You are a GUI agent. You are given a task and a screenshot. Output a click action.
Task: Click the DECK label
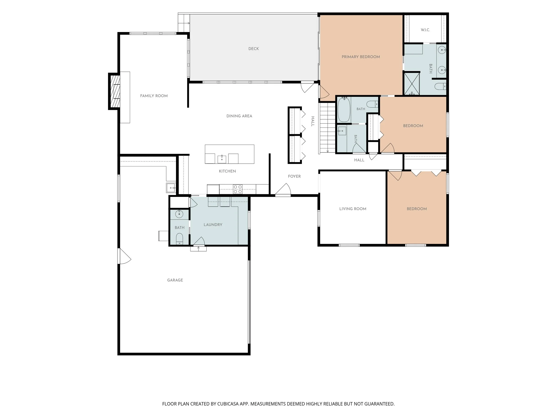[254, 49]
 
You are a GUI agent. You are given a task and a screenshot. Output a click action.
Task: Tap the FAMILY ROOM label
[154, 96]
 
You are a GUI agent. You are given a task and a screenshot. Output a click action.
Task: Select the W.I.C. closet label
[425, 30]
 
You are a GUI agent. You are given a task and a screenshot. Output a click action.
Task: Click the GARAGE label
[175, 280]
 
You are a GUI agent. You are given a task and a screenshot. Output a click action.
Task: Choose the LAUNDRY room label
[213, 225]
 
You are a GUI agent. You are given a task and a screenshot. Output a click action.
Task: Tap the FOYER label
[294, 176]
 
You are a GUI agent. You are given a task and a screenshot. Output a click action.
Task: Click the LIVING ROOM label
[353, 209]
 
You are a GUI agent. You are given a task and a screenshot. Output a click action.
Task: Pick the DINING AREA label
[239, 116]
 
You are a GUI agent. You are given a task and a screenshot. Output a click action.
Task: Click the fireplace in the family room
[114, 91]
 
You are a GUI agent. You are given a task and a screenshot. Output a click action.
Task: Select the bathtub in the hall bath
[344, 110]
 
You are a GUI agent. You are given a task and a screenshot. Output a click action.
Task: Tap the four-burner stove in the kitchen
[238, 189]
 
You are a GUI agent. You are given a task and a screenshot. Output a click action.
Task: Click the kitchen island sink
[222, 159]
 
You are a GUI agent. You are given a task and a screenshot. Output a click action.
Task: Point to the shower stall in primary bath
[412, 83]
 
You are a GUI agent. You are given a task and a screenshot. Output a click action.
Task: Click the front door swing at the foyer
[283, 189]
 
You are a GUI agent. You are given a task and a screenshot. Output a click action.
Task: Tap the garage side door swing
[124, 256]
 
